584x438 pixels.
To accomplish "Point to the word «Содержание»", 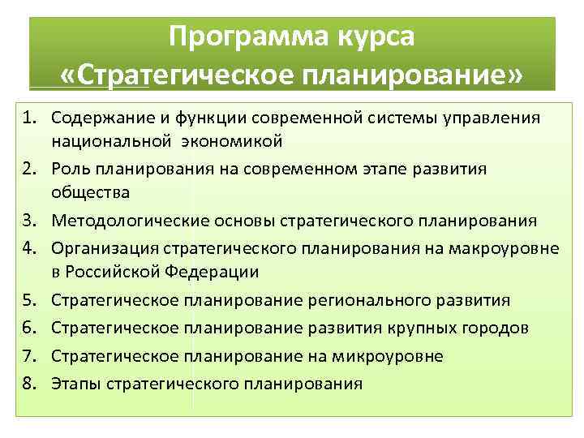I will (x=94, y=118).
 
